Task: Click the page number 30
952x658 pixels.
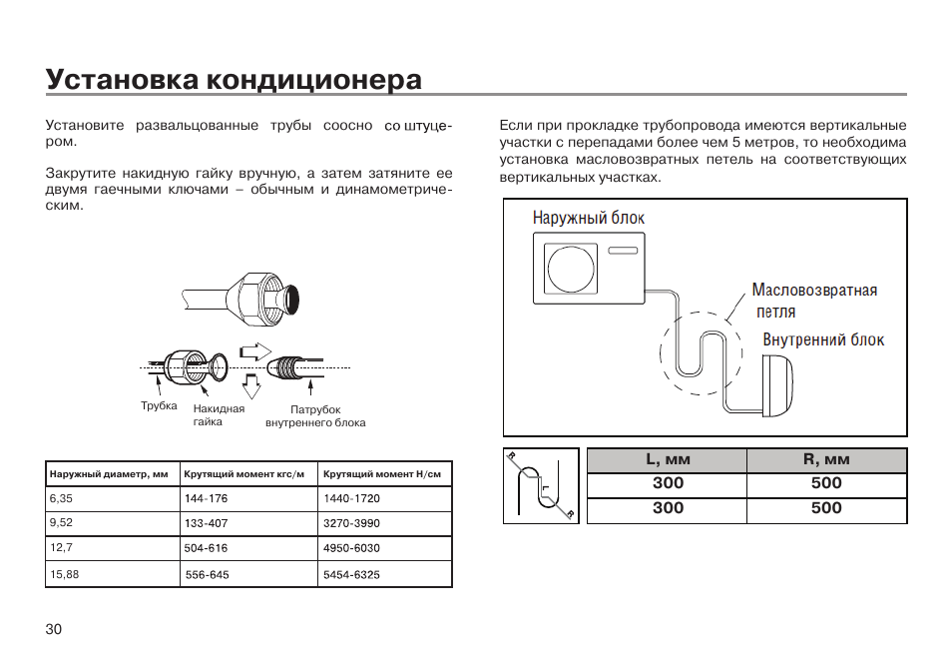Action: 54,629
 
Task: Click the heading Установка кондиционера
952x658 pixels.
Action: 234,79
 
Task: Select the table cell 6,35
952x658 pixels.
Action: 61,497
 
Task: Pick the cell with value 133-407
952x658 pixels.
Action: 206,523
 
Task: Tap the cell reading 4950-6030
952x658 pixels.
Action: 351,548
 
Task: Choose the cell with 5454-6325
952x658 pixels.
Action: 351,575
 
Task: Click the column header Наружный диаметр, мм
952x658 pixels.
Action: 109,474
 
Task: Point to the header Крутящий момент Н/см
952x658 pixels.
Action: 382,474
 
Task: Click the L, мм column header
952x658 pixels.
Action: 668,460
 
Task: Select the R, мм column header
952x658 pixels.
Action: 826,460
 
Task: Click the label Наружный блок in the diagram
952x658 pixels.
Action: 589,218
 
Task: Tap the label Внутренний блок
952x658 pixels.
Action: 823,340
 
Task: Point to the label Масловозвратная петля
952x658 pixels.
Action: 814,300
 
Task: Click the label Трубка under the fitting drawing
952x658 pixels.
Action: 159,406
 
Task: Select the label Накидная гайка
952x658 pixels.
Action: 219,415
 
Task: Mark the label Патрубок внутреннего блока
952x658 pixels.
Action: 315,416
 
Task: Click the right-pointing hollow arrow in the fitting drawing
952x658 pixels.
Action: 256,350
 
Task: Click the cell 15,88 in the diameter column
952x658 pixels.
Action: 64,574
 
